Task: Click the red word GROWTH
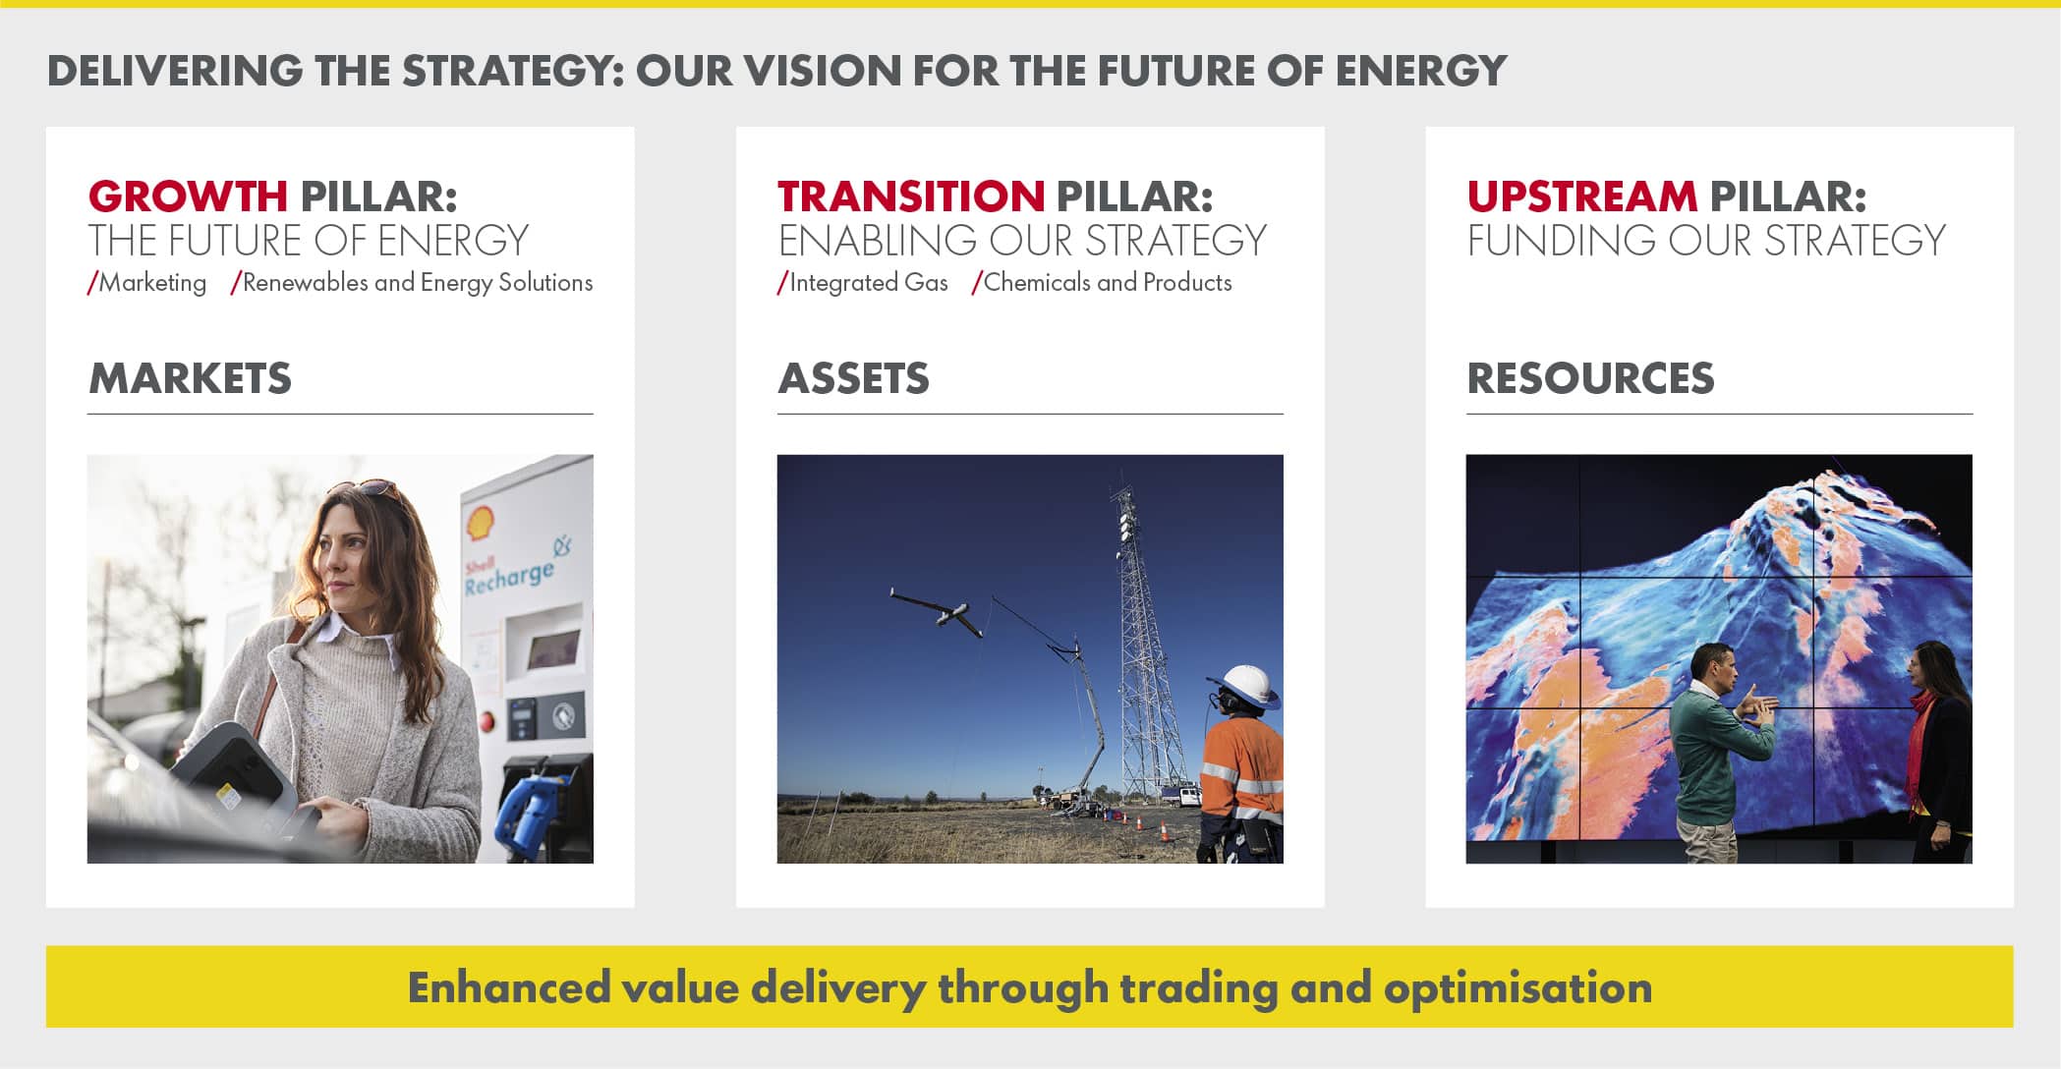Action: (188, 197)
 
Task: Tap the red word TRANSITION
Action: (911, 197)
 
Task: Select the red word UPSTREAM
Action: (1582, 197)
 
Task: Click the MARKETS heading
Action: (190, 378)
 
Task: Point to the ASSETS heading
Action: (853, 378)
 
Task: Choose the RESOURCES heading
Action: (1590, 378)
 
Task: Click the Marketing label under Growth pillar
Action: (147, 283)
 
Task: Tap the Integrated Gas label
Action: (863, 283)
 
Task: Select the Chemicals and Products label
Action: (1102, 283)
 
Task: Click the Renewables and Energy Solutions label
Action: (412, 283)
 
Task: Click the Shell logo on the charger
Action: (480, 525)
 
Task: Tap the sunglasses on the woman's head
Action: (366, 487)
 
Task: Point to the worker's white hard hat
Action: (1245, 685)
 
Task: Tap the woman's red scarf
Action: (1920, 747)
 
